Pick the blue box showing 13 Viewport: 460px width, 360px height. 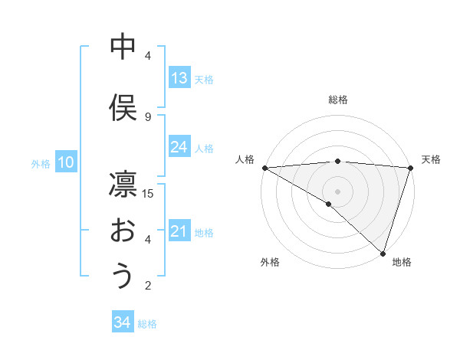pos(179,78)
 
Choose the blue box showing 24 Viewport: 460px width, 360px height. pos(179,147)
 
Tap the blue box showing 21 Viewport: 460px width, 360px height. pos(179,231)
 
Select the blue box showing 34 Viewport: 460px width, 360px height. pos(122,322)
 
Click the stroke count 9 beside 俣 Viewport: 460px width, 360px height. pos(148,116)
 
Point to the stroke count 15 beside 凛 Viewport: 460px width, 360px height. pos(148,193)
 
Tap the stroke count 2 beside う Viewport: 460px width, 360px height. pos(148,286)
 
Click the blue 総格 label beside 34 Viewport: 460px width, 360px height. pos(147,323)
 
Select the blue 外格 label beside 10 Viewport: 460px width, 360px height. pos(41,162)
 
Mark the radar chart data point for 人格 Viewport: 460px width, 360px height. pos(264,167)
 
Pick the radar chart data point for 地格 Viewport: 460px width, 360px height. pos(383,253)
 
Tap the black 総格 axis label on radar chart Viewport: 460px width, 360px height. pos(337,100)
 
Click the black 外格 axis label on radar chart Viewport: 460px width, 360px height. pos(270,262)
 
